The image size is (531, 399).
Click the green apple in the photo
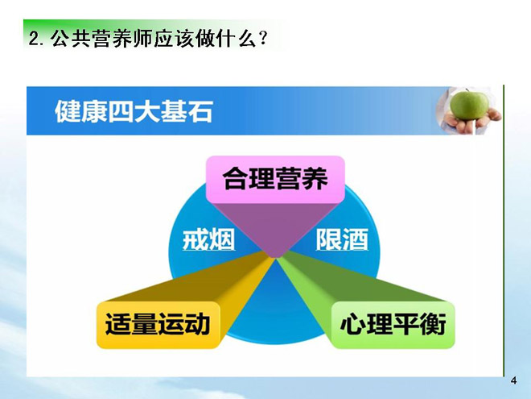[469, 105]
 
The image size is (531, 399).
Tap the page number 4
[513, 380]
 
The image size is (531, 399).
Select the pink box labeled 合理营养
[275, 179]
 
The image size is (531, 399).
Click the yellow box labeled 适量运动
[158, 325]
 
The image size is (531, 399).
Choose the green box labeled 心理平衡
[393, 325]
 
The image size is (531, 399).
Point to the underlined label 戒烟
[208, 239]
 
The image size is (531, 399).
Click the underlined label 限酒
[342, 239]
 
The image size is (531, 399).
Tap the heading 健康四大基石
[134, 111]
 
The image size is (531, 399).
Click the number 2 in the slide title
[33, 39]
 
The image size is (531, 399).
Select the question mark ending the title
[262, 39]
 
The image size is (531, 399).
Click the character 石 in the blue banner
[200, 111]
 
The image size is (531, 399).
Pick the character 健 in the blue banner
[68, 111]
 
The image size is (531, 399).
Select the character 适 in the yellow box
[118, 325]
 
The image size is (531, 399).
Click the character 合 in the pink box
[236, 179]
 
